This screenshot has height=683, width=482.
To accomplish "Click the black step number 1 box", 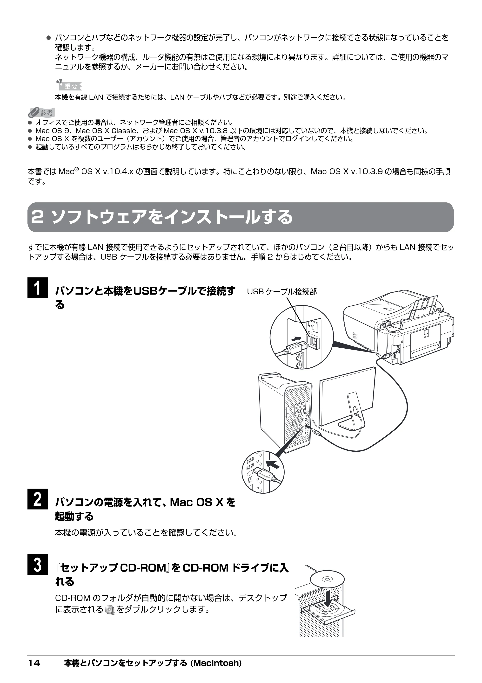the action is point(38,287).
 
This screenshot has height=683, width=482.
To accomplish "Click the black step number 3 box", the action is point(38,564).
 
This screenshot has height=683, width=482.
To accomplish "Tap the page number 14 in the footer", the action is point(34,671).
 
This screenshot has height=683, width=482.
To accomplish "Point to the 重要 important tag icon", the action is point(69,85).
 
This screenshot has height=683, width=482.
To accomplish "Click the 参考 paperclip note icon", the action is point(41,112).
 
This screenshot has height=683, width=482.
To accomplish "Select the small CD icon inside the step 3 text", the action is point(110,609).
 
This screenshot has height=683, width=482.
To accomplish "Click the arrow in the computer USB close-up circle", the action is point(273,463).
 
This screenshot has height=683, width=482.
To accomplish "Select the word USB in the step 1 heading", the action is point(146,291).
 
